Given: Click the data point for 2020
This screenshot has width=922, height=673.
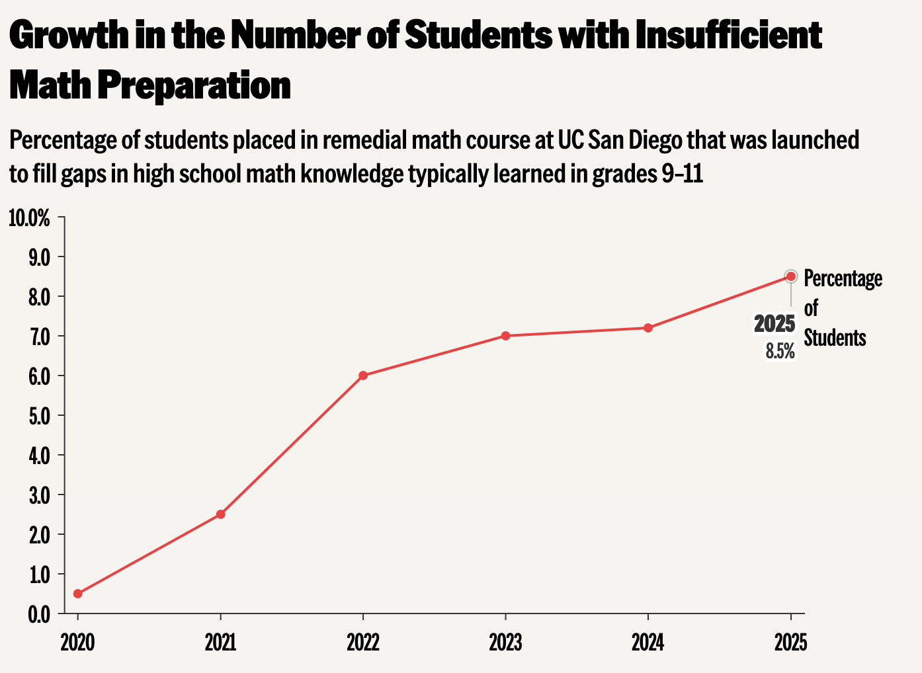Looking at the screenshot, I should pyautogui.click(x=78, y=594).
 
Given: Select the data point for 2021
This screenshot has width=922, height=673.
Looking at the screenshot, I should pyautogui.click(x=221, y=514).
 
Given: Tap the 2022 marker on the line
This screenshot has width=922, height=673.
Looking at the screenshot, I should pyautogui.click(x=363, y=376).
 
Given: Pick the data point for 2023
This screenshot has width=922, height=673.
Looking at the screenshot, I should pyautogui.click(x=506, y=336).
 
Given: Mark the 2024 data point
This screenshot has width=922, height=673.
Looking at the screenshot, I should pyautogui.click(x=648, y=328).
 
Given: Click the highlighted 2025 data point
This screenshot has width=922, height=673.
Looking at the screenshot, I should pyautogui.click(x=790, y=276).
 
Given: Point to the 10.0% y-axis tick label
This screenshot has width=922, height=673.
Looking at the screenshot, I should pyautogui.click(x=30, y=218).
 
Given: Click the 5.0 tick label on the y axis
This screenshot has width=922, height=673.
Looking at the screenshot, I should pyautogui.click(x=39, y=416).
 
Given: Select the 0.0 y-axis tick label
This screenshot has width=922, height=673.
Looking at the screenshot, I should pyautogui.click(x=39, y=615).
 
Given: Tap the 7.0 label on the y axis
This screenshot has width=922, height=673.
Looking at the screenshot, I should pyautogui.click(x=39, y=337).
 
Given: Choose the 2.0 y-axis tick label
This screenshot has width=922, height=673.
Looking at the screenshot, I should pyautogui.click(x=39, y=535).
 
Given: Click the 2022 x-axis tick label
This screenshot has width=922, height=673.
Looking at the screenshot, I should pyautogui.click(x=363, y=643).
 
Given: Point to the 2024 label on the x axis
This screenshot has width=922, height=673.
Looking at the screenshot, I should pyautogui.click(x=648, y=643).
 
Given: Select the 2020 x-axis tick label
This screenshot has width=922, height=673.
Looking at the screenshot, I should pyautogui.click(x=78, y=643).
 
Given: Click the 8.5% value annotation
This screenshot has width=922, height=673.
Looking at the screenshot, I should pyautogui.click(x=780, y=351).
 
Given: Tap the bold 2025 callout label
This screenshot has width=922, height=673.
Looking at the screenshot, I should pyautogui.click(x=775, y=325).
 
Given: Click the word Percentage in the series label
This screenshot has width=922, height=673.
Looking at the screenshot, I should pyautogui.click(x=843, y=279).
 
